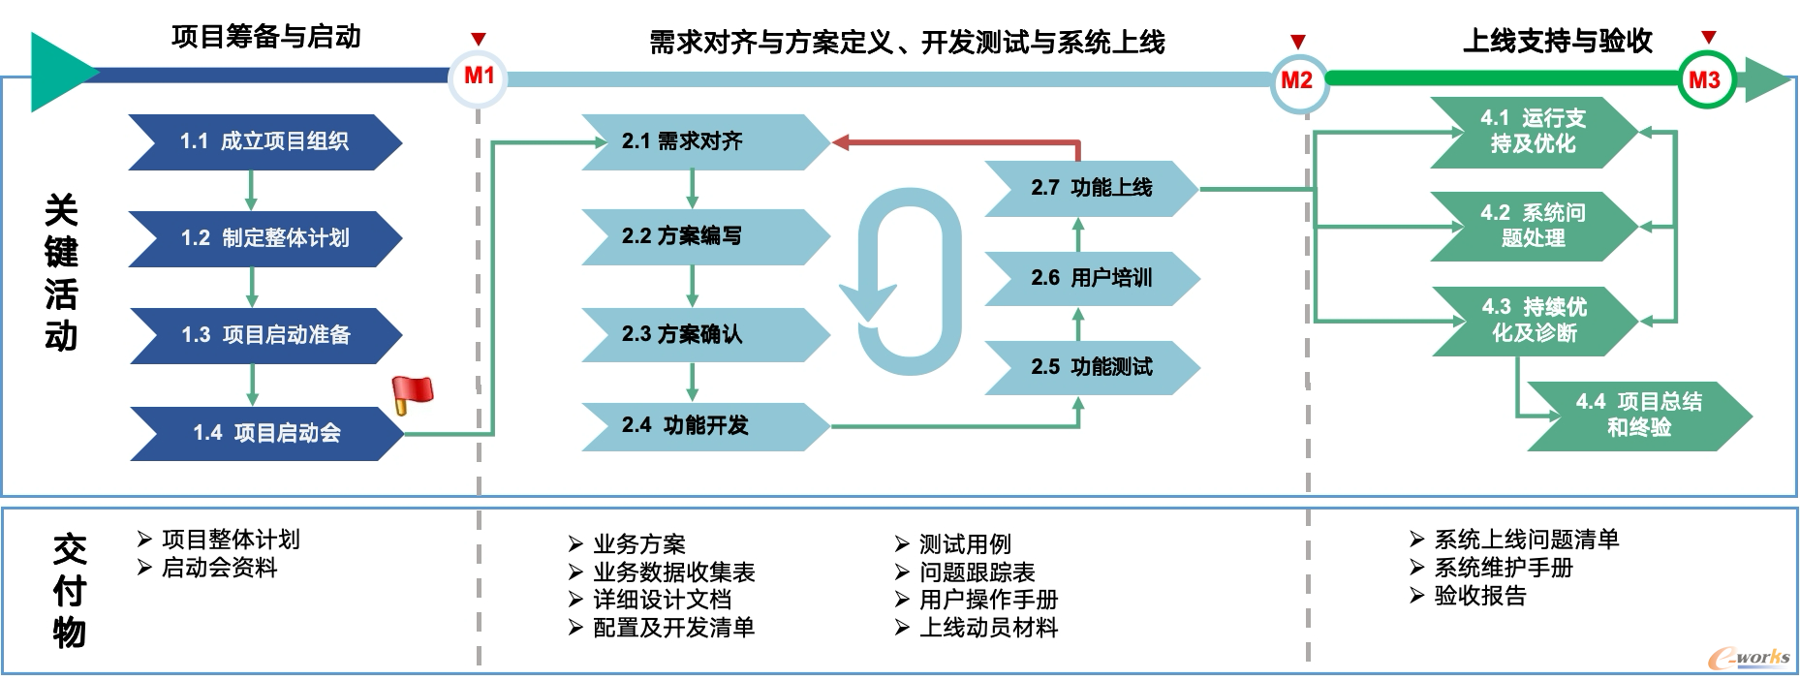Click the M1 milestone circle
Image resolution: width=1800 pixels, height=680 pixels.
[x=479, y=77]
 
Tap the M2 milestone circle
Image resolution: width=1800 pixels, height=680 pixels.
[x=1297, y=81]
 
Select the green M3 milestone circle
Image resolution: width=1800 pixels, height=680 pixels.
[x=1705, y=80]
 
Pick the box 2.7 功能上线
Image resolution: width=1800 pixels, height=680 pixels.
[x=1093, y=188]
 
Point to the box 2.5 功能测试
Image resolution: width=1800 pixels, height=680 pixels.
[x=1093, y=367]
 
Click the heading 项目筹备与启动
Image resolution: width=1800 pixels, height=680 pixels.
[x=266, y=37]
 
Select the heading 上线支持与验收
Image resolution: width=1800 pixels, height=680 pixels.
[x=1558, y=41]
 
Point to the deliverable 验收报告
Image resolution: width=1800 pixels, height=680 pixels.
[x=1480, y=596]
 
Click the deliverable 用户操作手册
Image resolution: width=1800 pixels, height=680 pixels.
[x=988, y=600]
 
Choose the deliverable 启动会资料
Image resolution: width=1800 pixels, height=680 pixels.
[x=219, y=568]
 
